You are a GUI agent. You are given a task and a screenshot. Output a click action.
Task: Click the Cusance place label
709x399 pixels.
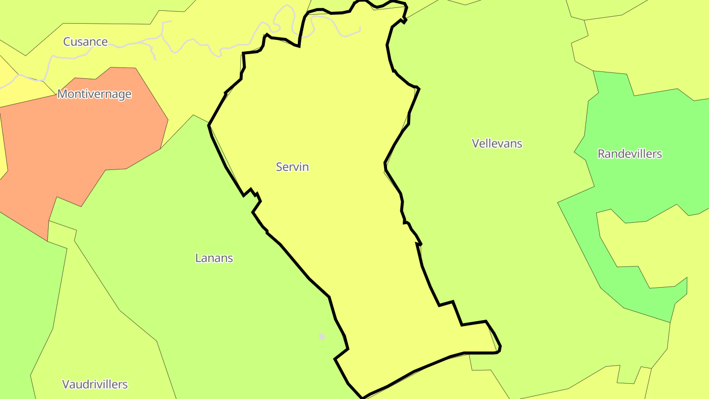(x=85, y=41)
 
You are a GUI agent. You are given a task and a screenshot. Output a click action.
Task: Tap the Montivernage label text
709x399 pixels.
(x=94, y=94)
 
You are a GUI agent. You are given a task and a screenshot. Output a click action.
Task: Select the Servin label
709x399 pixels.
(x=292, y=167)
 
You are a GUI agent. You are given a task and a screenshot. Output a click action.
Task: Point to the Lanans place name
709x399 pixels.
(x=214, y=258)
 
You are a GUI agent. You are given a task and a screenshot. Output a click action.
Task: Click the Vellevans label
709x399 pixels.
(x=497, y=143)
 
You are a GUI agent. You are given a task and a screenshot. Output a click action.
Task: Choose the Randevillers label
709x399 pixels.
(x=629, y=154)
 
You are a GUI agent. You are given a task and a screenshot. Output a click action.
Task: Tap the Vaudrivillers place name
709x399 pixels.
(x=95, y=384)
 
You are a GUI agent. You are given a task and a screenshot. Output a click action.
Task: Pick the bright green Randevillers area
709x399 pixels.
(x=640, y=187)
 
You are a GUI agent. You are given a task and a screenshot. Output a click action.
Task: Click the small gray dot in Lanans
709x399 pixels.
(x=322, y=336)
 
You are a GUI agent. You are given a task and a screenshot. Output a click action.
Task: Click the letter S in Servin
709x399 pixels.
(x=279, y=167)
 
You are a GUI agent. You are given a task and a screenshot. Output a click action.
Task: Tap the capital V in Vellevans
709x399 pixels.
(x=476, y=143)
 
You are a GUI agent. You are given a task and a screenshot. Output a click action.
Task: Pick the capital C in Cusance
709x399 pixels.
(x=67, y=41)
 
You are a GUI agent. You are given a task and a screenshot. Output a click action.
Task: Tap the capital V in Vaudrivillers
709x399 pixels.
(x=65, y=384)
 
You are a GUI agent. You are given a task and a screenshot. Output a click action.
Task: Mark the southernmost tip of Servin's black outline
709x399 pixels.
(x=362, y=397)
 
